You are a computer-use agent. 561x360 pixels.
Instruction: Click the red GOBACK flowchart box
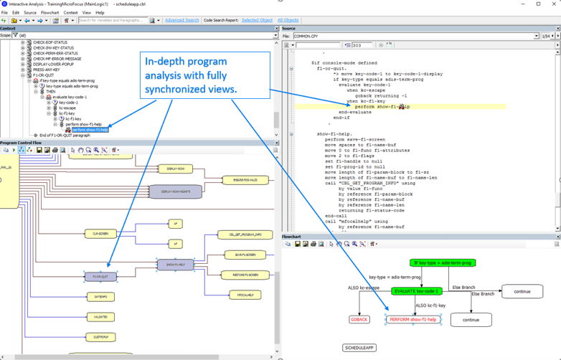[x=359, y=319]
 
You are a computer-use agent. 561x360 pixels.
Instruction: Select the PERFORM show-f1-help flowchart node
[x=412, y=319]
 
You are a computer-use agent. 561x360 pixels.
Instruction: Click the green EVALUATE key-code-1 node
[x=417, y=291]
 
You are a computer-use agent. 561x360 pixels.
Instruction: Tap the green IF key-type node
[x=443, y=263]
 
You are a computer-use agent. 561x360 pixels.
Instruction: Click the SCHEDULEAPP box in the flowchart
[x=359, y=348]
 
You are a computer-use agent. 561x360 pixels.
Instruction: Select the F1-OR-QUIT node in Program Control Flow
[x=100, y=276]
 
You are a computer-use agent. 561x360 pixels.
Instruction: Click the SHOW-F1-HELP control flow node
[x=175, y=265]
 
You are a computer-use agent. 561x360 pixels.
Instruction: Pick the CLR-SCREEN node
[x=100, y=234]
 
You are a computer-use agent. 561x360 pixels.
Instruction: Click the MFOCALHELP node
[x=244, y=295]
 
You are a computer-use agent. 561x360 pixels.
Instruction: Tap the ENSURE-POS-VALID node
[x=245, y=180]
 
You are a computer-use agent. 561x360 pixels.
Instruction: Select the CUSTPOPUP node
[x=100, y=336]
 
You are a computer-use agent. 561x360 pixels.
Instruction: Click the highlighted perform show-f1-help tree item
[x=90, y=130]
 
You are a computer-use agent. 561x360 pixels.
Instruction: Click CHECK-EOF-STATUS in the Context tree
[x=50, y=42]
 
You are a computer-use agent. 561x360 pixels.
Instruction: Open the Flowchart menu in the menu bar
[x=49, y=12]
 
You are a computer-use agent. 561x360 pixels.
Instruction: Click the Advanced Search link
[x=181, y=20]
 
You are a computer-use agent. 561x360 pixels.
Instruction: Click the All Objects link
[x=288, y=20]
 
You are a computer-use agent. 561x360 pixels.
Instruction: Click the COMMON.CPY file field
[x=412, y=36]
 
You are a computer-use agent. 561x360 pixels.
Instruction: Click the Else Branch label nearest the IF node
[x=464, y=288]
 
